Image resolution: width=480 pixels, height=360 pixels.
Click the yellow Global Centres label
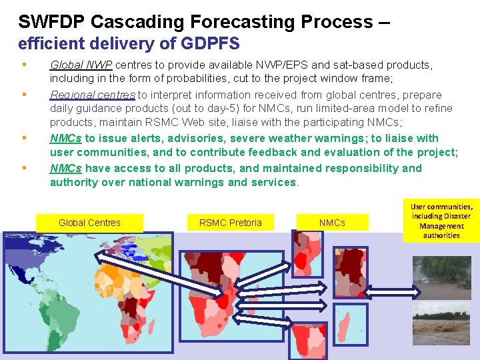pos(89,223)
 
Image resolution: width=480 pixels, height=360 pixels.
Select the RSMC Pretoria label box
pos(230,223)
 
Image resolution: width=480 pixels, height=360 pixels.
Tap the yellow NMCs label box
pos(332,223)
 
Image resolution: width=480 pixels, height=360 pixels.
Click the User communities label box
pos(441,221)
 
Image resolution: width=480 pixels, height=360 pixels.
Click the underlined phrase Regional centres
pos(93,95)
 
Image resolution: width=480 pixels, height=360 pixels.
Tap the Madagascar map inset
pos(350,325)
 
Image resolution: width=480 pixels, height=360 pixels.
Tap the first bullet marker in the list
pos(24,65)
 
